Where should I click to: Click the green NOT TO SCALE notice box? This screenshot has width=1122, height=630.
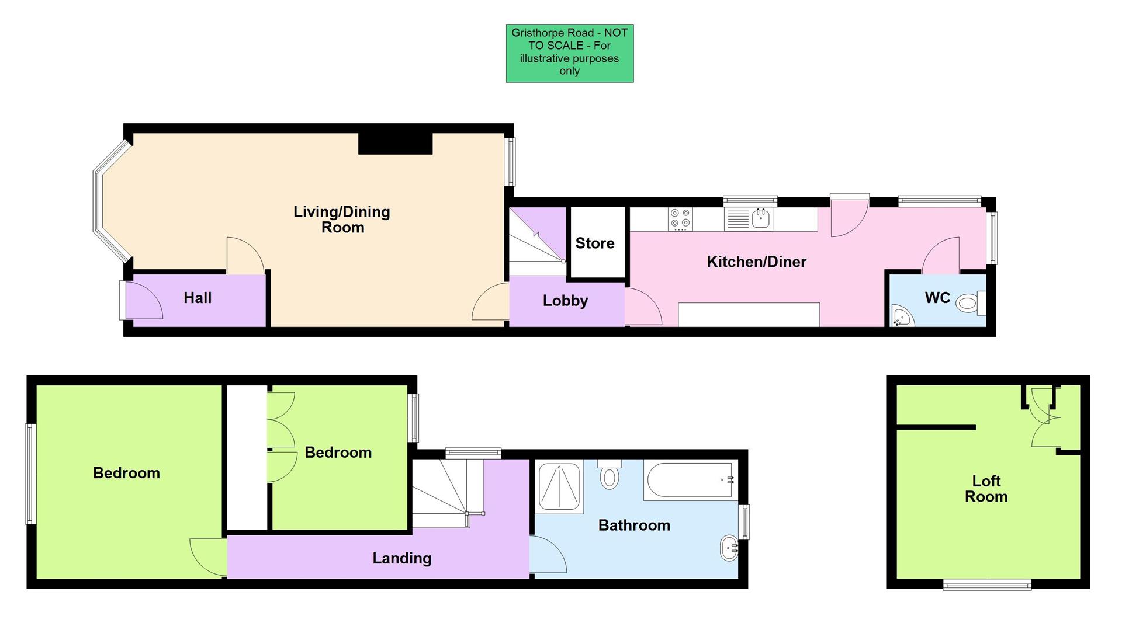tap(569, 53)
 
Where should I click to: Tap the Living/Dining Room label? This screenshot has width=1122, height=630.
tap(342, 220)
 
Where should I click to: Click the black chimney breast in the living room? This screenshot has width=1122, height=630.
tap(395, 144)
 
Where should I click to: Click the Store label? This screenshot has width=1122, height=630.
tap(595, 243)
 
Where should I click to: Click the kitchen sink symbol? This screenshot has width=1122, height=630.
tap(761, 219)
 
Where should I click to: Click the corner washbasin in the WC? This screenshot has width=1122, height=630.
tap(902, 317)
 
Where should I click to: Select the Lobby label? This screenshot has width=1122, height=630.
tap(565, 301)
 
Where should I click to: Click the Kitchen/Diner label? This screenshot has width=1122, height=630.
tap(756, 262)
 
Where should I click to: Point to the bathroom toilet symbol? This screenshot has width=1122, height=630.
tap(610, 475)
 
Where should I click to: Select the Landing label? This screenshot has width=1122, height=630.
tap(402, 558)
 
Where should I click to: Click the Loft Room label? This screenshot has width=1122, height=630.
tap(986, 489)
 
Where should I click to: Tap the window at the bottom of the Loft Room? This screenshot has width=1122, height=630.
tap(987, 584)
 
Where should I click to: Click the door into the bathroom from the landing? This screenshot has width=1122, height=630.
tap(547, 555)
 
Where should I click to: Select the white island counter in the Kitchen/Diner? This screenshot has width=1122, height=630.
tap(749, 315)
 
